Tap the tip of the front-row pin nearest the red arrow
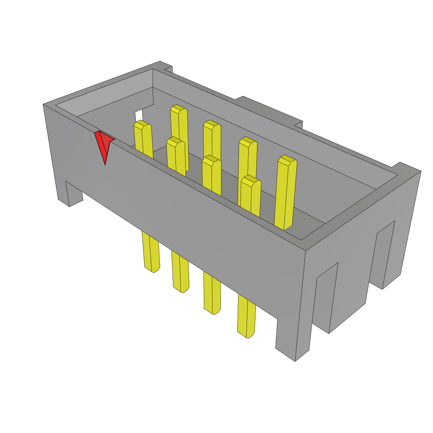tap(142, 124)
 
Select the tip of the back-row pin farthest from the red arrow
tap(287, 161)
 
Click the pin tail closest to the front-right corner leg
tap(246, 317)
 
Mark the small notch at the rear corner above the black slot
tap(167, 68)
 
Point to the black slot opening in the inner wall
tap(139, 116)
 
